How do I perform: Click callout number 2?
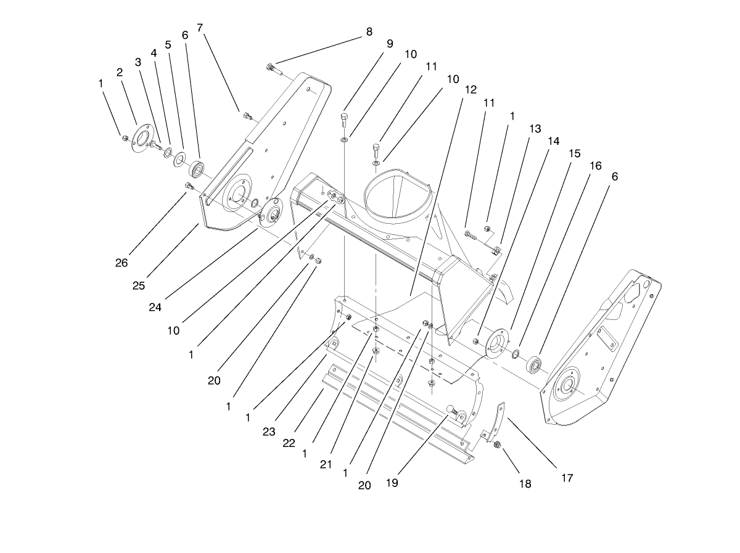click(x=120, y=72)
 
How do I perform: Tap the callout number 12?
click(x=471, y=89)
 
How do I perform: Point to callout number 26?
click(x=121, y=263)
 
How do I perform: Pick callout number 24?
click(x=155, y=306)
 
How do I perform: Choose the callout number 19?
click(x=391, y=483)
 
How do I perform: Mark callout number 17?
click(x=567, y=477)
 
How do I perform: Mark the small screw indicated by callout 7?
click(x=247, y=115)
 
